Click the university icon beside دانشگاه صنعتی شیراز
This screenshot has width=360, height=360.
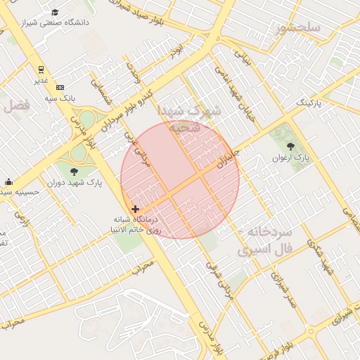(56, 13)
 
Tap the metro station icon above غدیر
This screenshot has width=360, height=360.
(41, 70)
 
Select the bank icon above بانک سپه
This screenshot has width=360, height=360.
(60, 87)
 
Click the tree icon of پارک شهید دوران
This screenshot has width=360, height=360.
(74, 170)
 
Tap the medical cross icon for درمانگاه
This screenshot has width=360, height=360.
(135, 209)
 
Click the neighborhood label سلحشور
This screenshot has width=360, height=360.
(298, 27)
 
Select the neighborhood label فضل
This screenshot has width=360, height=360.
(17, 106)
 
